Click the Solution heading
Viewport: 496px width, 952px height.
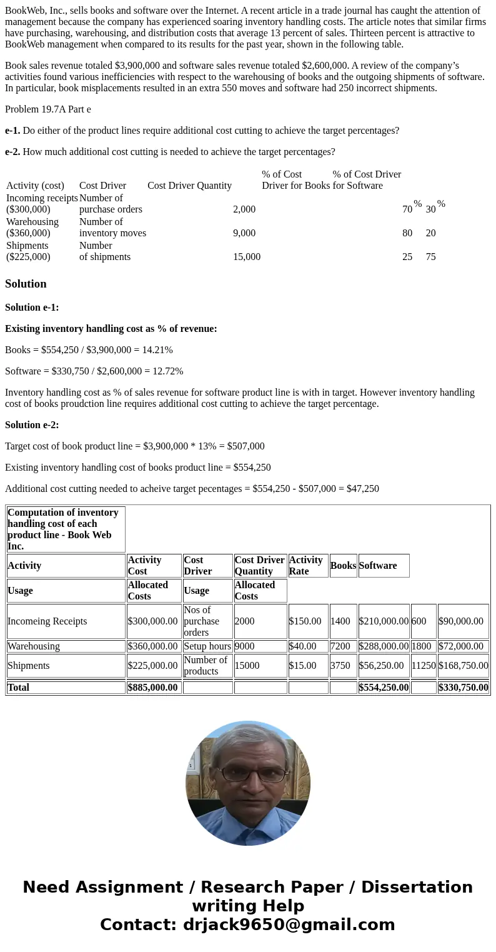[26, 284]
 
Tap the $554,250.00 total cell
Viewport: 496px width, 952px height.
[384, 688]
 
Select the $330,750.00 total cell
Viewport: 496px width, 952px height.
[463, 688]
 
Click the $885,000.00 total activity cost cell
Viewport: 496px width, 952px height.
[153, 688]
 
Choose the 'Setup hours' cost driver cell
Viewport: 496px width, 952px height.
[207, 646]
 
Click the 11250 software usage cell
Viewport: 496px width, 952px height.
[423, 666]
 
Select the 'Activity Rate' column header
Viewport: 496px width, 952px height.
[306, 566]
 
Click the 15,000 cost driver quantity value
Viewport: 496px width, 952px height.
[247, 257]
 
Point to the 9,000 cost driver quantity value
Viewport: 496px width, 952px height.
[244, 233]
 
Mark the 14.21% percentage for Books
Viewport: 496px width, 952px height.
[157, 350]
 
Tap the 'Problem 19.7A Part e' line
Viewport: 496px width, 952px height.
[48, 109]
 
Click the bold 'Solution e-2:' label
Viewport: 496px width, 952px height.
[32, 425]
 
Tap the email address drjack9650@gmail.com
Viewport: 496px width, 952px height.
[289, 925]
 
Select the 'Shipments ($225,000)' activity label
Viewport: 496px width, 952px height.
[28, 251]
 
